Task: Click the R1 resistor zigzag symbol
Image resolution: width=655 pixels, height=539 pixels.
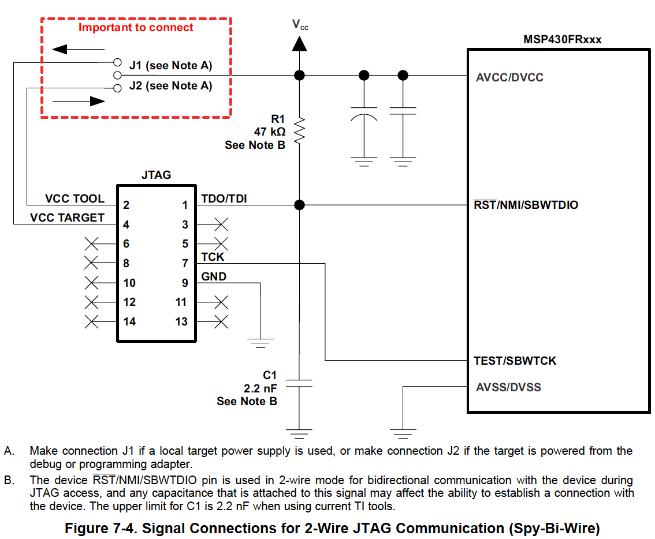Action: coord(300,131)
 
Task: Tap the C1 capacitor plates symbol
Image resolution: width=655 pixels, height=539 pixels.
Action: coord(299,383)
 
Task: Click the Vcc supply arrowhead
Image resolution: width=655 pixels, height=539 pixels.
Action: coord(299,44)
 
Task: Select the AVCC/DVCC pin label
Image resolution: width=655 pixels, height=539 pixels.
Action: coord(509,77)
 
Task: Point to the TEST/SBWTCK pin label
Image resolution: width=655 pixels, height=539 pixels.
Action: coord(515,361)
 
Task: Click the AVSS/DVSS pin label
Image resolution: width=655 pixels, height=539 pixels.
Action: coord(508,387)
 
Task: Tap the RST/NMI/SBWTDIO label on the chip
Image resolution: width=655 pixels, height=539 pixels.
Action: coord(526,205)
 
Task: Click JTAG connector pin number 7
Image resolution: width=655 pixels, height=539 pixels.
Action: coord(185,264)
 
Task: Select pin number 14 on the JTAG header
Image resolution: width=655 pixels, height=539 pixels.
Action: coord(129,321)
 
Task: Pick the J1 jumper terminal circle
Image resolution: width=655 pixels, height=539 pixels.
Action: coord(117,63)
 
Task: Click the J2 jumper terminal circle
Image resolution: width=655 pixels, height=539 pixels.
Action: coord(117,88)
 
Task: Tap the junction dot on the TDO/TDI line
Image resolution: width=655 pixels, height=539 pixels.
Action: coord(299,205)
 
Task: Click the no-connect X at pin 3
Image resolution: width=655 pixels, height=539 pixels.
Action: coord(221,224)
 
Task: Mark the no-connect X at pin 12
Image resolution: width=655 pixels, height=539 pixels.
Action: coord(91,302)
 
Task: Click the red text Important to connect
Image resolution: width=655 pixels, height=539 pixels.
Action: coord(136,28)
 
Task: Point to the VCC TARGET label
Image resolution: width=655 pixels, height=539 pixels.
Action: coord(67,218)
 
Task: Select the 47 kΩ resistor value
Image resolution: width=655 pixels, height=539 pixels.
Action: coord(270,132)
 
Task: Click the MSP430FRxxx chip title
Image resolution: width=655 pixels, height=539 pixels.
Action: coord(562,40)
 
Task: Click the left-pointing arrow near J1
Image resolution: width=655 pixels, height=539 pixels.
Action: coord(78,49)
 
